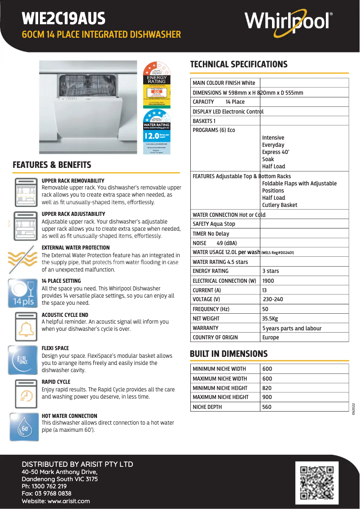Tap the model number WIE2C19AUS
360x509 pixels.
click(63, 19)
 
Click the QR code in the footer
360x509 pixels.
click(316, 483)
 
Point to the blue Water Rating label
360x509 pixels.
click(157, 132)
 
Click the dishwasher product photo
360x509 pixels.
click(88, 108)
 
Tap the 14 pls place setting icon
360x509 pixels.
click(22, 293)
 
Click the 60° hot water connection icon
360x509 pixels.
click(22, 427)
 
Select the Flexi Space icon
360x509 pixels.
click(22, 360)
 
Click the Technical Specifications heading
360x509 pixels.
click(238, 64)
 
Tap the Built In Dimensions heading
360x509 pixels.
click(228, 354)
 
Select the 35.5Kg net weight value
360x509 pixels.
click(270, 319)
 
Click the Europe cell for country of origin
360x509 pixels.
click(271, 338)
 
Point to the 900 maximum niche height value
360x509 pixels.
click(267, 397)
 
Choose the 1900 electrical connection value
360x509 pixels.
click(268, 281)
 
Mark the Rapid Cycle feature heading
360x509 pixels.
click(56, 382)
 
